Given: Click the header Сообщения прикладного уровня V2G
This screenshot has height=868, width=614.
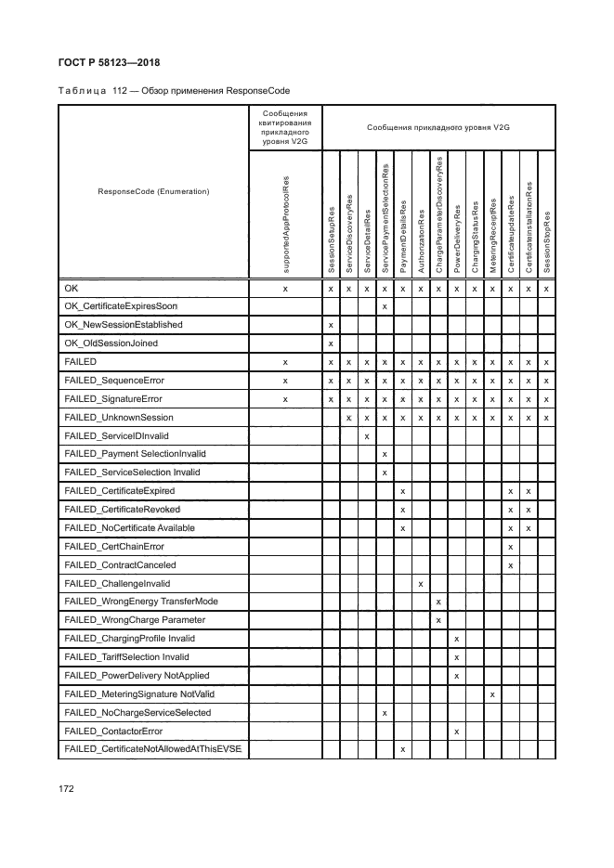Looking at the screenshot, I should [438, 126].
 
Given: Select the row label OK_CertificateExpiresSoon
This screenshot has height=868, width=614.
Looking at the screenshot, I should [121, 306].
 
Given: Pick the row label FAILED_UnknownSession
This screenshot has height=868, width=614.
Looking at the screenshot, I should [114, 417].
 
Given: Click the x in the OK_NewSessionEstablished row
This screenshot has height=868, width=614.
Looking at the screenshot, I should [332, 325].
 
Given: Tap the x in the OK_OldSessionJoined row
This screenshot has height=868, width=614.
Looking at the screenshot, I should [332, 343].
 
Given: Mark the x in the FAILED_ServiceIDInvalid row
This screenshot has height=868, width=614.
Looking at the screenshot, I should [367, 435].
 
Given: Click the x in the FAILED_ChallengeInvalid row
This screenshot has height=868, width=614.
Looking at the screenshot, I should [421, 584].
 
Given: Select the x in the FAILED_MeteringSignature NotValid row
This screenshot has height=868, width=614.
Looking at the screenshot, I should [492, 694].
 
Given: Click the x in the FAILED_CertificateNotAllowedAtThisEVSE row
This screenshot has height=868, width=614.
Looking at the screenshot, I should [402, 749].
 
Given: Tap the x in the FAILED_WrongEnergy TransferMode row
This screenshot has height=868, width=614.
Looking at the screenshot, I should [438, 602].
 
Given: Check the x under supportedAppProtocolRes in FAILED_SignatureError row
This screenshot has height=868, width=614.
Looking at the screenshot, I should [286, 398].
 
